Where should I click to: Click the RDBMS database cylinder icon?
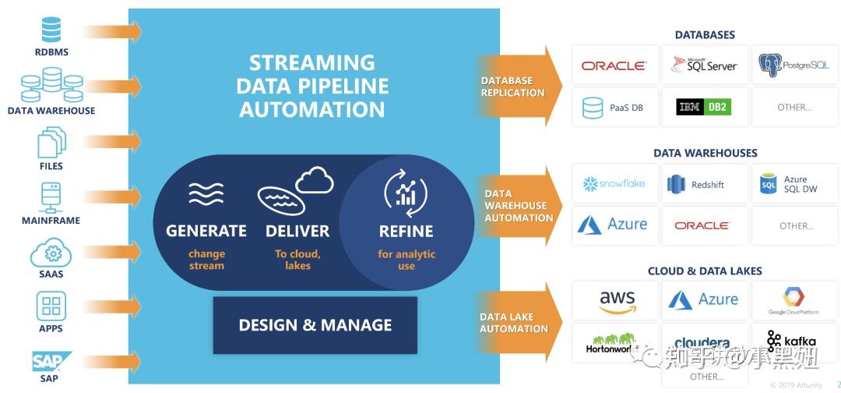(51, 30)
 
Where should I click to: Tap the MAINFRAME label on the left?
(51, 221)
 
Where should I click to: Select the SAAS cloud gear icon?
(52, 253)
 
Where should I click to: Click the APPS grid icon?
(51, 306)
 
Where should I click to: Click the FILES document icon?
(51, 142)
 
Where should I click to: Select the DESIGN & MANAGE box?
(315, 324)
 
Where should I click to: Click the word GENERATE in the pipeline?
(206, 231)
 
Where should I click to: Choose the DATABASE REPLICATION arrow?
(517, 87)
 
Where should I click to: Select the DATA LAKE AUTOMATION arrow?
(517, 323)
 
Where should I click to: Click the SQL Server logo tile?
(704, 65)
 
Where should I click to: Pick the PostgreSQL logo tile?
(793, 65)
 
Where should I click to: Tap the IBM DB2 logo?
(703, 107)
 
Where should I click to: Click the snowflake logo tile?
(614, 184)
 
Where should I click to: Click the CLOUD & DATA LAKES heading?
(704, 271)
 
